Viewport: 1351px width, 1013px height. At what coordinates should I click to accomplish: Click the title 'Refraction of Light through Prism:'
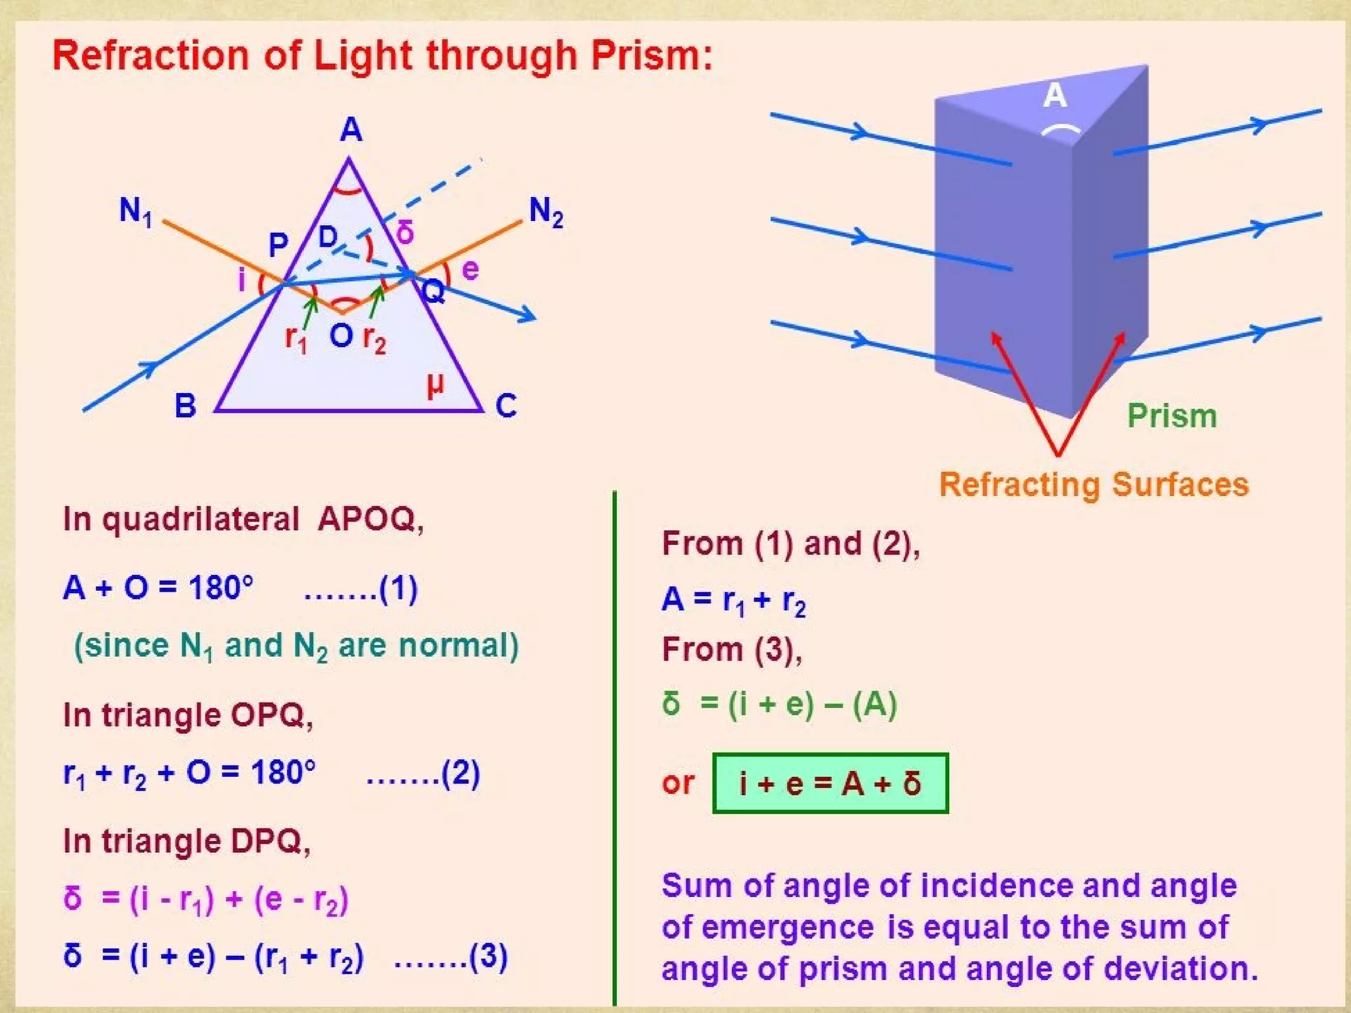coord(383,55)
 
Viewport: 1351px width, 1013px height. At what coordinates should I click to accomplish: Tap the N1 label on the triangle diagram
coord(136,212)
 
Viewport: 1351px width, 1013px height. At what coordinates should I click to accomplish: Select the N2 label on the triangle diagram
coord(546,212)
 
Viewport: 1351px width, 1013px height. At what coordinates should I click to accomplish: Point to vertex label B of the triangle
coord(185,406)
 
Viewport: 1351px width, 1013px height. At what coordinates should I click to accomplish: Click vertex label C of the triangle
coord(506,406)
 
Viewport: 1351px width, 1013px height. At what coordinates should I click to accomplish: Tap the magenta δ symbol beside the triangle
coord(405,232)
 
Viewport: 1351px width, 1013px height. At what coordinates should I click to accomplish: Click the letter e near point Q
coord(470,270)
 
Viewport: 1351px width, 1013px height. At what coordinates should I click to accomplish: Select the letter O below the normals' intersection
coord(341,336)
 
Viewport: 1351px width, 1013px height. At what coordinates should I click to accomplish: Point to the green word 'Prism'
coord(1172,416)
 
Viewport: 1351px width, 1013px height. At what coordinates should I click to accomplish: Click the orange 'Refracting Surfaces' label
coord(1094,485)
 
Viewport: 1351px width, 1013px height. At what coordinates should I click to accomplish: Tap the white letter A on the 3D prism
coord(1055,96)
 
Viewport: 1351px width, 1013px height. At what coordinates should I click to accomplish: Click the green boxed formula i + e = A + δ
coord(831,783)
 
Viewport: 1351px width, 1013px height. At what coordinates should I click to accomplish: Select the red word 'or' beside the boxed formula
coord(678,783)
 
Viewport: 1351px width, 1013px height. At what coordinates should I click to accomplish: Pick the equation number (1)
coord(398,588)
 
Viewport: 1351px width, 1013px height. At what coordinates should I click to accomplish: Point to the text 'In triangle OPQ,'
coord(188,715)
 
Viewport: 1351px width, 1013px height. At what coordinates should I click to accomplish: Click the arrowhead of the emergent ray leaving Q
coord(528,315)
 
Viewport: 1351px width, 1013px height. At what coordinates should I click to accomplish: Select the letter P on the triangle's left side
coord(278,245)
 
